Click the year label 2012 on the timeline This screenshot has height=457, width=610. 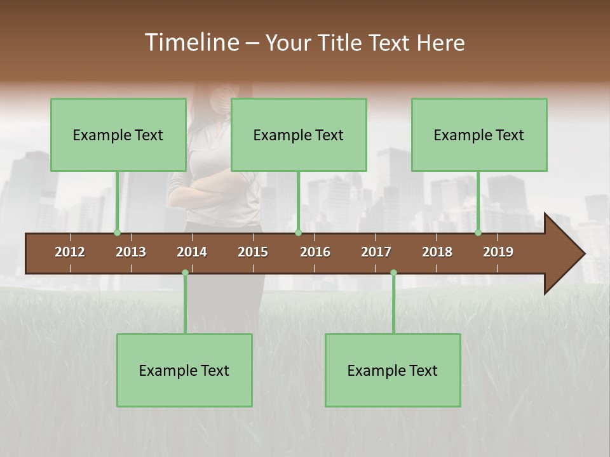(x=70, y=252)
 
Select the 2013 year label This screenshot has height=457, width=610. (x=131, y=252)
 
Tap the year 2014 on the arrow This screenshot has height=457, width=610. (x=192, y=252)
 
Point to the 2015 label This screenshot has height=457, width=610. (x=253, y=252)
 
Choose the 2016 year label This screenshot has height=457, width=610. (x=315, y=252)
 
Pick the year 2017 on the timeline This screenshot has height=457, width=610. (x=376, y=252)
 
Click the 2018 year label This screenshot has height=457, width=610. (x=437, y=252)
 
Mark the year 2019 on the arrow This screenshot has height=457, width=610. (x=498, y=252)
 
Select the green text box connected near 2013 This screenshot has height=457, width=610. (x=118, y=135)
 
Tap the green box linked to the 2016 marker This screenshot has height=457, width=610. (x=299, y=135)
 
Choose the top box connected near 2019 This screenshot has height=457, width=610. (x=479, y=135)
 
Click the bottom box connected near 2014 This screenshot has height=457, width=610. (x=184, y=370)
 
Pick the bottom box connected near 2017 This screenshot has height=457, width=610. (x=393, y=370)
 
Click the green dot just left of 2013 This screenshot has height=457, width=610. (x=117, y=232)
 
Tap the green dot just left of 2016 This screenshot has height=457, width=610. (x=298, y=232)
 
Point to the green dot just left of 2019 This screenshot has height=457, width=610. (x=478, y=232)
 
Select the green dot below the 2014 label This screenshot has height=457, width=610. (x=185, y=272)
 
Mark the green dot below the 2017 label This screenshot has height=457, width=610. (x=393, y=272)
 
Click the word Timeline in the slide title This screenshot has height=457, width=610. (x=191, y=43)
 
